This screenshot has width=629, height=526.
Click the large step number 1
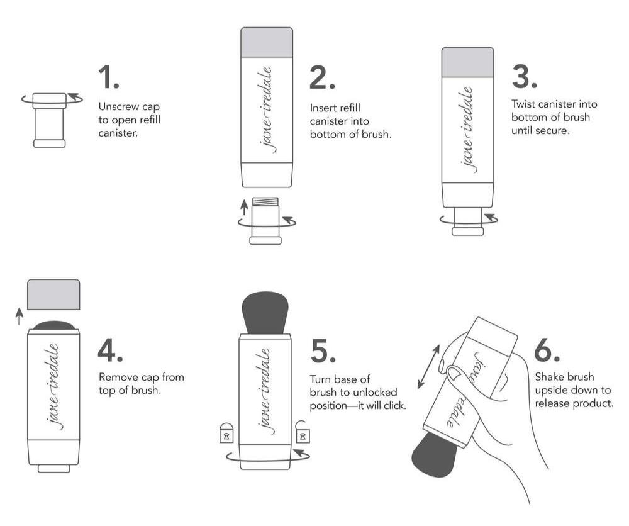click(109, 77)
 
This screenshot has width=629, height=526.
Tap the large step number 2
click(322, 77)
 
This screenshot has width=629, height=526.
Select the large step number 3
click(525, 77)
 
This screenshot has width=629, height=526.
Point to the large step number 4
click(110, 350)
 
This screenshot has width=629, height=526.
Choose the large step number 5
click(323, 352)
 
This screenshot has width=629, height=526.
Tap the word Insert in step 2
click(323, 108)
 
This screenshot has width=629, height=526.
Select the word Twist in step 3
click(523, 104)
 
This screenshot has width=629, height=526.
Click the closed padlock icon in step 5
click(226, 432)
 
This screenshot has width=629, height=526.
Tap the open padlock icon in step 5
click(302, 432)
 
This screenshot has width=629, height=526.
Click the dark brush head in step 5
click(265, 311)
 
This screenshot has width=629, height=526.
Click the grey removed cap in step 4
click(53, 294)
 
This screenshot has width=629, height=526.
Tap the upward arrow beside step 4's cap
click(19, 316)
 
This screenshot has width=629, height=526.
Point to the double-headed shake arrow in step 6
click(428, 367)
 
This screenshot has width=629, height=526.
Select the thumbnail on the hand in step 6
click(455, 372)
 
